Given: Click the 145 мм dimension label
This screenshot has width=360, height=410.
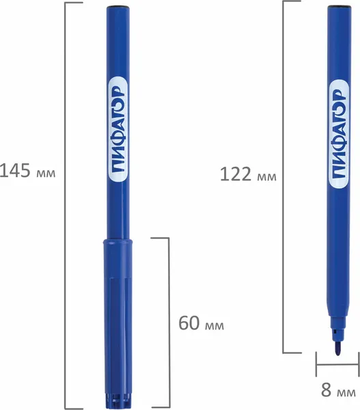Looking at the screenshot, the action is [x=27, y=171].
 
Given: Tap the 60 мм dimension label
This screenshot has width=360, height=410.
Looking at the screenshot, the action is [x=201, y=323].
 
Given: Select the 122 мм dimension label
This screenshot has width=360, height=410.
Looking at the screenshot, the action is [x=248, y=174].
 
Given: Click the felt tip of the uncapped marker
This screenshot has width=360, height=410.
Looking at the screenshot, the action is [x=337, y=349].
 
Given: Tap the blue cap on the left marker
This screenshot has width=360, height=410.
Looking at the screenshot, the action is [x=117, y=323].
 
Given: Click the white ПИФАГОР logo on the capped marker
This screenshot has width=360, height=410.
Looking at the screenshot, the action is [x=117, y=130].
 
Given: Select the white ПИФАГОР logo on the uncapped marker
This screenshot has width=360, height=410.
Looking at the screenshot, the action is [x=339, y=134].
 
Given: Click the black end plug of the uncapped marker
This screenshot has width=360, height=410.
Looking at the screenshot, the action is [x=340, y=6].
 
